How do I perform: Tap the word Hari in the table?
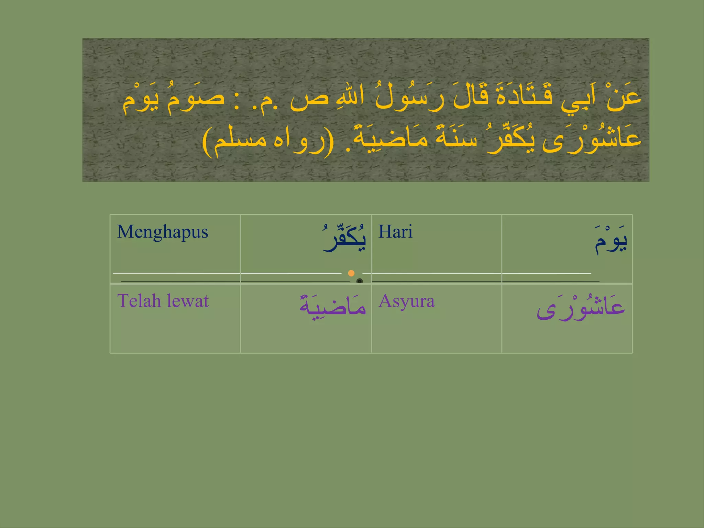tap(395, 232)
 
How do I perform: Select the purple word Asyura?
tap(407, 301)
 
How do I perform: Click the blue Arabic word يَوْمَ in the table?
tap(611, 241)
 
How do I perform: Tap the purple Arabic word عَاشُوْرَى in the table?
tap(581, 308)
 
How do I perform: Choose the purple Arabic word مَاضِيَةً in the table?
tap(333, 306)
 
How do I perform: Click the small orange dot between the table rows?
tap(351, 273)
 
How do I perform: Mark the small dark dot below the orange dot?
tap(360, 281)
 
